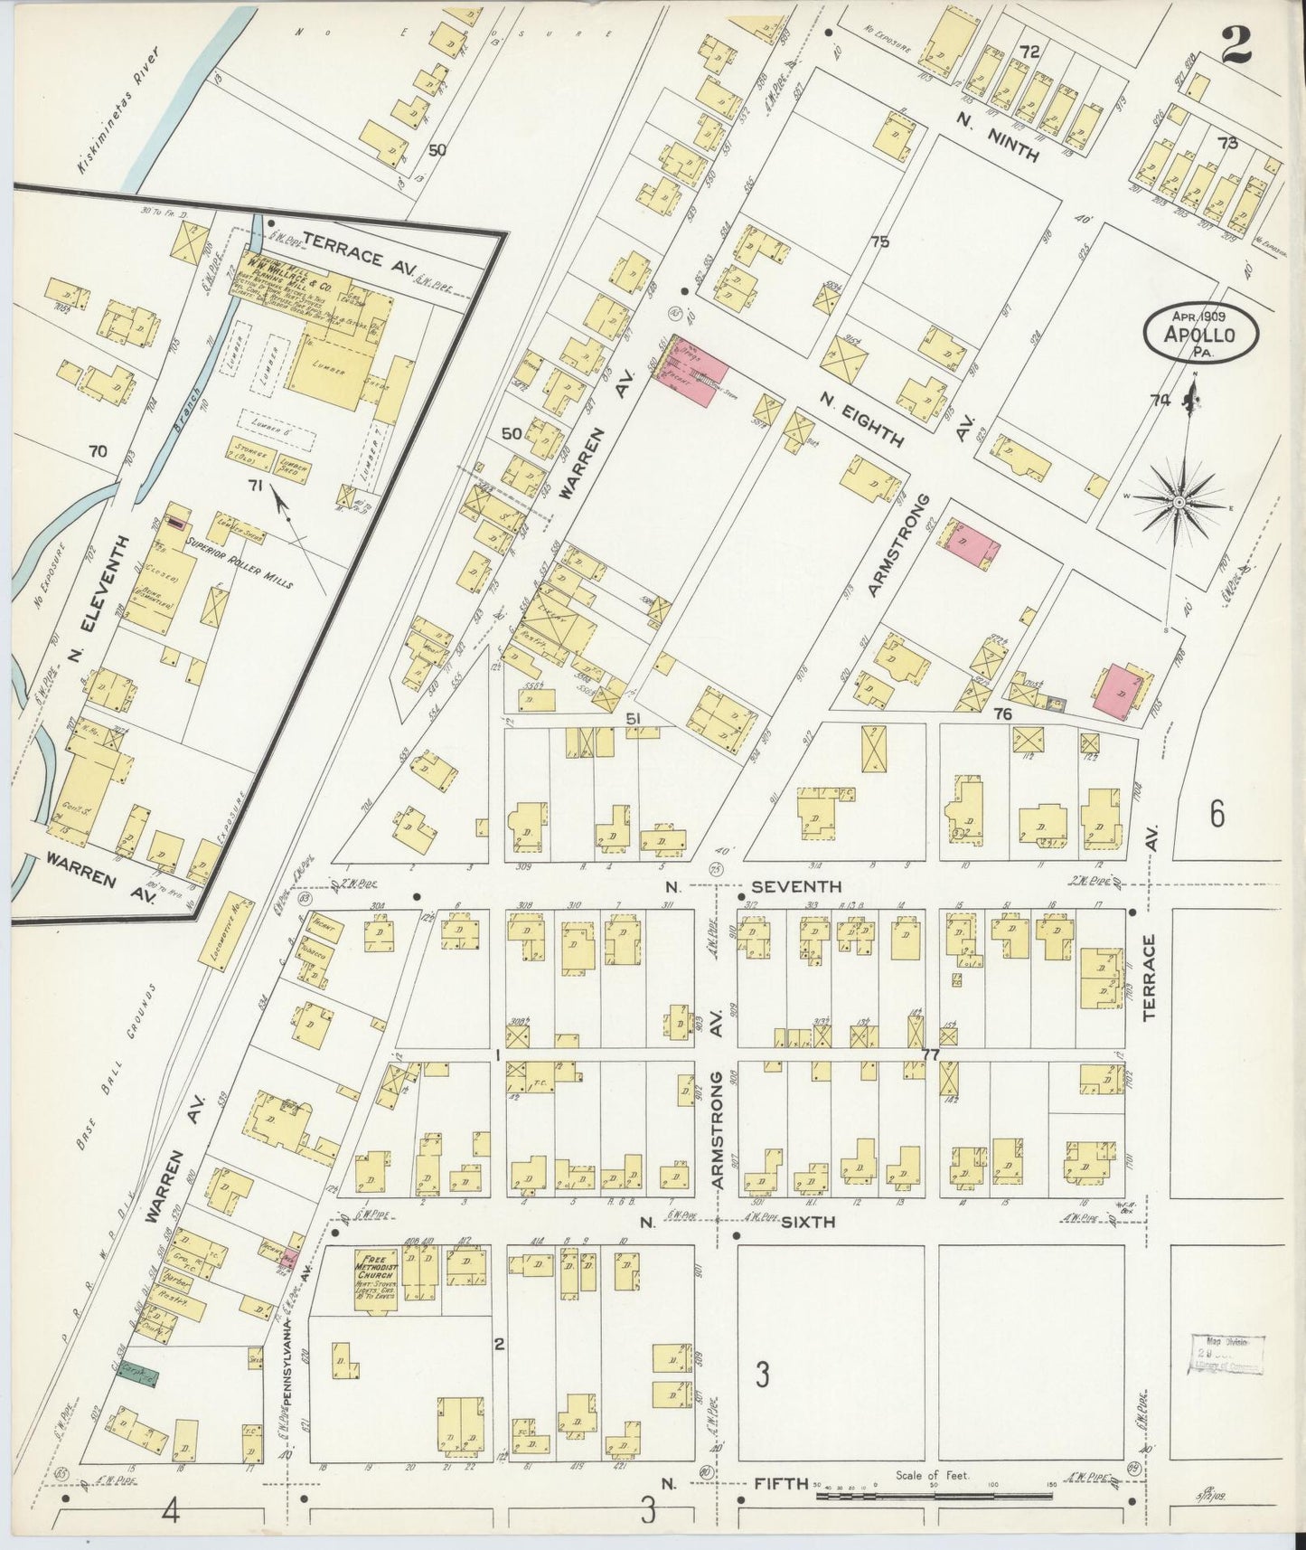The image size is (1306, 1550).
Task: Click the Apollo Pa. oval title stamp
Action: coord(1201,335)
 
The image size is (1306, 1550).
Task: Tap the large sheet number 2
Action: coord(1236,44)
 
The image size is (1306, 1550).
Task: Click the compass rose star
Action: coord(1179,501)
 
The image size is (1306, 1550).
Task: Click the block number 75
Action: coord(879,241)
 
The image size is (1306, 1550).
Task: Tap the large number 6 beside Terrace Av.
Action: coord(1217,814)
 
